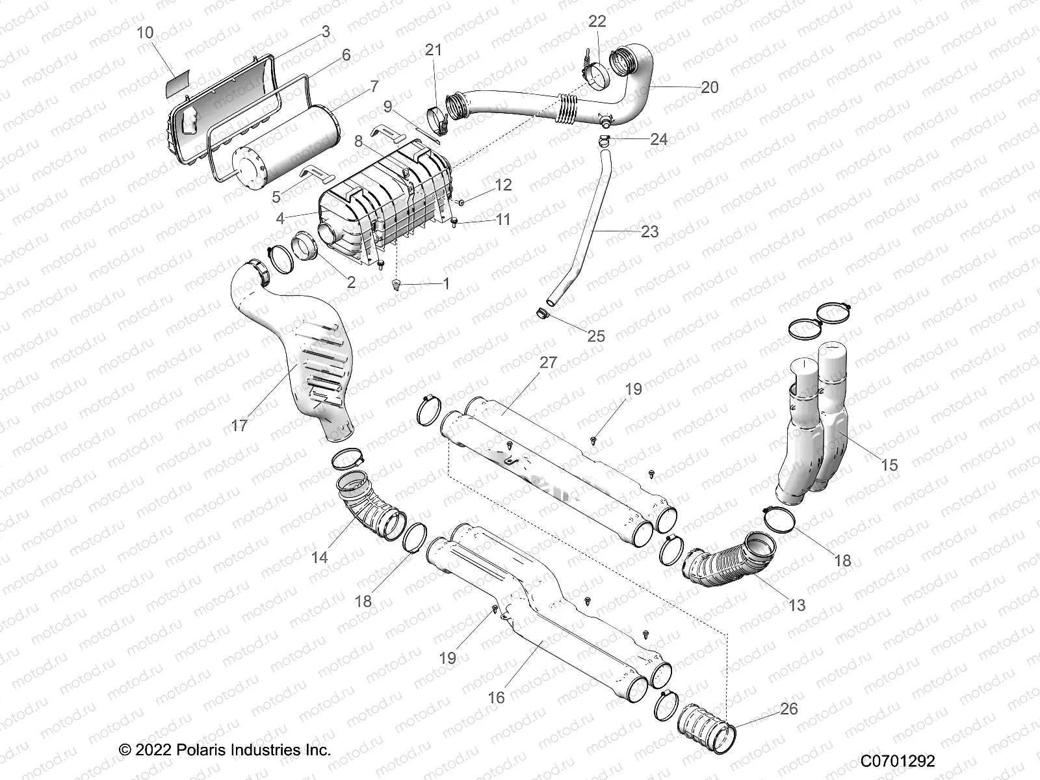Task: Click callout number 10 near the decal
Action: point(146,32)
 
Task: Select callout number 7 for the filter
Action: point(374,86)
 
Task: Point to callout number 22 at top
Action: point(597,21)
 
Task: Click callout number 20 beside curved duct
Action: point(710,86)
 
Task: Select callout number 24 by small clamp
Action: point(658,140)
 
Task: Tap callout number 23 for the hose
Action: point(649,231)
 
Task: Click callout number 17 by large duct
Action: point(239,426)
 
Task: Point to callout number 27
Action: point(548,362)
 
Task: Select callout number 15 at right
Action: point(889,464)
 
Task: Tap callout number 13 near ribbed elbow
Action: point(796,605)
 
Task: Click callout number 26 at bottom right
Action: point(788,708)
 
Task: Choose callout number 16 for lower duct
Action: point(496,697)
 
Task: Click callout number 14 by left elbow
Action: point(319,557)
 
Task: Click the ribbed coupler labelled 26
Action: point(705,731)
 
